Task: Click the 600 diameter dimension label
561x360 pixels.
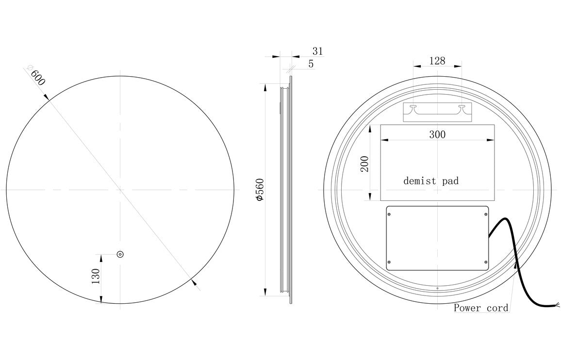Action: point(37,77)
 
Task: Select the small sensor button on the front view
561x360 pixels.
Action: point(120,254)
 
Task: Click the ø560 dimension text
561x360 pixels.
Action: point(260,190)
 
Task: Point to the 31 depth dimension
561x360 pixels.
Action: point(317,51)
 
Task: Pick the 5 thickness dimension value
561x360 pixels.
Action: point(311,64)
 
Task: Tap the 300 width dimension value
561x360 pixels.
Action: point(437,134)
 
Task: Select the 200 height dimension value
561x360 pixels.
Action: point(365,164)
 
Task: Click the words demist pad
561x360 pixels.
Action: point(431,181)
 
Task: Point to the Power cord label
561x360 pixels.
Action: point(481,308)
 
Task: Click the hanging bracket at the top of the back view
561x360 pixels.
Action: point(437,112)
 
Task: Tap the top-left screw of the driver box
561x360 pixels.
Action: point(389,212)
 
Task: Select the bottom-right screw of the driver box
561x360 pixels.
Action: point(486,262)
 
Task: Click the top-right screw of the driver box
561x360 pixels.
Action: point(486,212)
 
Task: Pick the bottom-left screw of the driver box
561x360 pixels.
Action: point(389,262)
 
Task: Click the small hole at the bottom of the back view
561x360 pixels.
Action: point(437,289)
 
